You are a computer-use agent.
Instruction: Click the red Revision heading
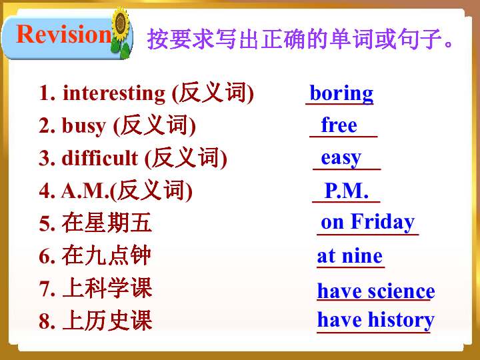63,34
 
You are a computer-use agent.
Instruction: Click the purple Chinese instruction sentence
301,38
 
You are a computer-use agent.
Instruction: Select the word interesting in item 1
114,93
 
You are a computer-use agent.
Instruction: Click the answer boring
341,93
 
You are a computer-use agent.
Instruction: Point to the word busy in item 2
84,125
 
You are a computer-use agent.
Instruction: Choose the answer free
339,125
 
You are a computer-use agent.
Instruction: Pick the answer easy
341,157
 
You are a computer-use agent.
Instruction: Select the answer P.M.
346,191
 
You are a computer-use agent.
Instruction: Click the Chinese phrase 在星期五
107,223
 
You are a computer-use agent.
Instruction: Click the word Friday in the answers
383,222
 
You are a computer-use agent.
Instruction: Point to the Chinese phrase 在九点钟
107,255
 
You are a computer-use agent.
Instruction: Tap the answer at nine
350,255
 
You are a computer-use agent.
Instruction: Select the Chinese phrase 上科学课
107,288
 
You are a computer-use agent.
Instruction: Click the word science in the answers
401,291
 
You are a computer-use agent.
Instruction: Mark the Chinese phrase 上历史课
107,321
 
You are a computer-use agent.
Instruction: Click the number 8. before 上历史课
47,321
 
